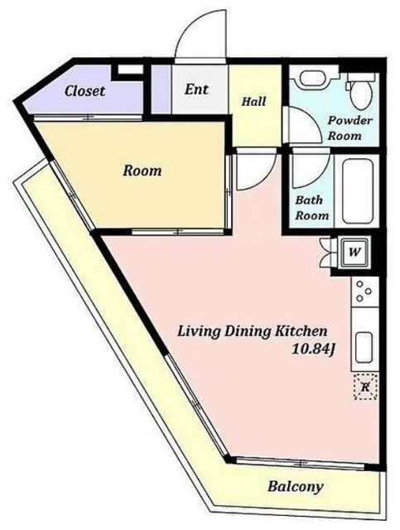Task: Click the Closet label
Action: click(84, 91)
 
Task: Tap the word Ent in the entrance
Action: click(196, 89)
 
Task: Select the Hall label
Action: click(253, 101)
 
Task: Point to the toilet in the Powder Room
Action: click(360, 89)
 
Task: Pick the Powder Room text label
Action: click(350, 128)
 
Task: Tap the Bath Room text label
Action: click(311, 208)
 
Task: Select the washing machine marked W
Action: click(354, 252)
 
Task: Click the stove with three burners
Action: click(364, 291)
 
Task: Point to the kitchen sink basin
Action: click(364, 348)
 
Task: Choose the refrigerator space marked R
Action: click(365, 387)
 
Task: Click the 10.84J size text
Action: click(313, 349)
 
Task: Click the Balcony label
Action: click(295, 487)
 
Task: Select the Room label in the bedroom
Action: click(142, 171)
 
